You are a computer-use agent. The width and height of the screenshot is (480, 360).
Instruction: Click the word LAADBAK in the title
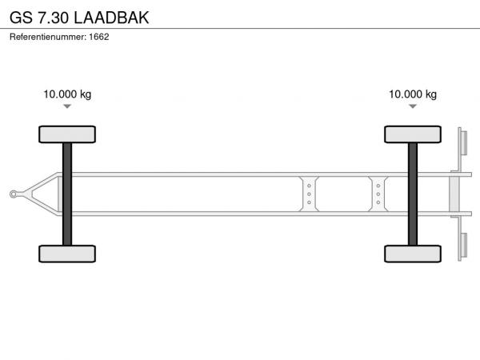[x=111, y=18]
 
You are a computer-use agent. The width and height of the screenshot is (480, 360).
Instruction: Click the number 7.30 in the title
[x=53, y=18]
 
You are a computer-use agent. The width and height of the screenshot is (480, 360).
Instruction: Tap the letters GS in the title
[x=21, y=18]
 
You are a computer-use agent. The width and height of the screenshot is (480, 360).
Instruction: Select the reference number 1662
[x=99, y=37]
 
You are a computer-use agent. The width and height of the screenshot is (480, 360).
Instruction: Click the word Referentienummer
[x=48, y=37]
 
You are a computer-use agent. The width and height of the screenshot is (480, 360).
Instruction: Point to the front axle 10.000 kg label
[x=67, y=94]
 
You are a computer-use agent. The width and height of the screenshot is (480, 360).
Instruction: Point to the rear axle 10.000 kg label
[x=413, y=94]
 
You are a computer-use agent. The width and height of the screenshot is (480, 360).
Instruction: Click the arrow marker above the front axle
[x=67, y=106]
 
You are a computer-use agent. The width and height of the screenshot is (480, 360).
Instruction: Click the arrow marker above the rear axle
[x=413, y=106]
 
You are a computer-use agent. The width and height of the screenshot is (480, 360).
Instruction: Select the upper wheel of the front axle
[x=67, y=134]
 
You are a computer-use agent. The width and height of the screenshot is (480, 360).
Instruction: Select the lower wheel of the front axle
[x=67, y=254]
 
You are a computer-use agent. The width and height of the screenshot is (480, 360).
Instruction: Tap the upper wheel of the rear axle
[x=413, y=134]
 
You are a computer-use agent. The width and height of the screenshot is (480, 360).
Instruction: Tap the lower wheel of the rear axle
[x=413, y=254]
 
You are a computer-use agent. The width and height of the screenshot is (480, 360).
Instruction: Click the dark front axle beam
[x=67, y=194]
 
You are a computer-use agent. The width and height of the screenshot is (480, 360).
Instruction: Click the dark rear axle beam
[x=413, y=194]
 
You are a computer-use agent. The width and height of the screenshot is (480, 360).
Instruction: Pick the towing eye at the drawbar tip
[x=13, y=194]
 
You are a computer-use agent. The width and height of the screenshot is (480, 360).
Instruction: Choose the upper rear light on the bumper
[x=464, y=142]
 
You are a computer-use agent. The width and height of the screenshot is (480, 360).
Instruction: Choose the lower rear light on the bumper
[x=464, y=246]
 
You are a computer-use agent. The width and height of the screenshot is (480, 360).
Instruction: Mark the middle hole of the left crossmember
[x=309, y=194]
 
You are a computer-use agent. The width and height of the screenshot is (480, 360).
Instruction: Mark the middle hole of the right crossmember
[x=378, y=194]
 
